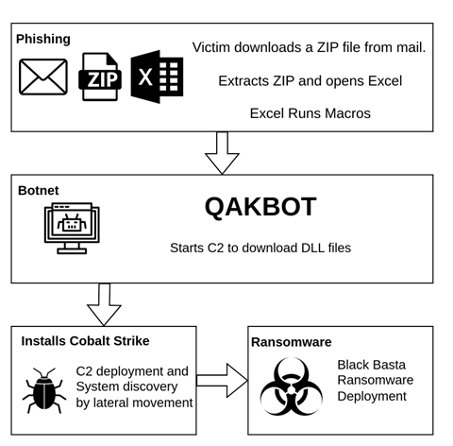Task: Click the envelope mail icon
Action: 43,77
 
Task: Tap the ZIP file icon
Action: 100,77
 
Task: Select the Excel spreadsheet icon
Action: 157,77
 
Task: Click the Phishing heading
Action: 43,40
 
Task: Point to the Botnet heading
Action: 39,191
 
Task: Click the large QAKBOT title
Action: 260,207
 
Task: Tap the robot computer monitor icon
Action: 72,228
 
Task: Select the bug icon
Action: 44,390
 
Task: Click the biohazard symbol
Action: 292,386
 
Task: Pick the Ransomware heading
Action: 292,342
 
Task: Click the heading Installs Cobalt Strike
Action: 85,341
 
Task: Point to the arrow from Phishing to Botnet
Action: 222,153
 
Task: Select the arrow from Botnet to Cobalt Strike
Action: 104,304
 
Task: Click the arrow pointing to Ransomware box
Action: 222,381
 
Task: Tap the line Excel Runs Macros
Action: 310,113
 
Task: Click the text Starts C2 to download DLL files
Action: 260,248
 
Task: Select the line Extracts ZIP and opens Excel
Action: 310,81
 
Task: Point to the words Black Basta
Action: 372,365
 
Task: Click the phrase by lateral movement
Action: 134,403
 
